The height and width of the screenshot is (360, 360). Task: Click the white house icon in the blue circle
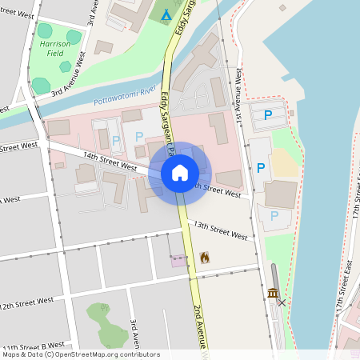click(179, 173)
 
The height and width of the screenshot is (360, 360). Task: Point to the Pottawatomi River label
click(123, 97)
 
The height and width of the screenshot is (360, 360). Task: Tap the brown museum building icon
click(273, 294)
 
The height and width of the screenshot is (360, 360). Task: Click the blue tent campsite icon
click(166, 15)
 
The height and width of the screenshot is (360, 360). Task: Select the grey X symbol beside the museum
click(282, 302)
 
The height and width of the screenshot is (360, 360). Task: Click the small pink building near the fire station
click(178, 260)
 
